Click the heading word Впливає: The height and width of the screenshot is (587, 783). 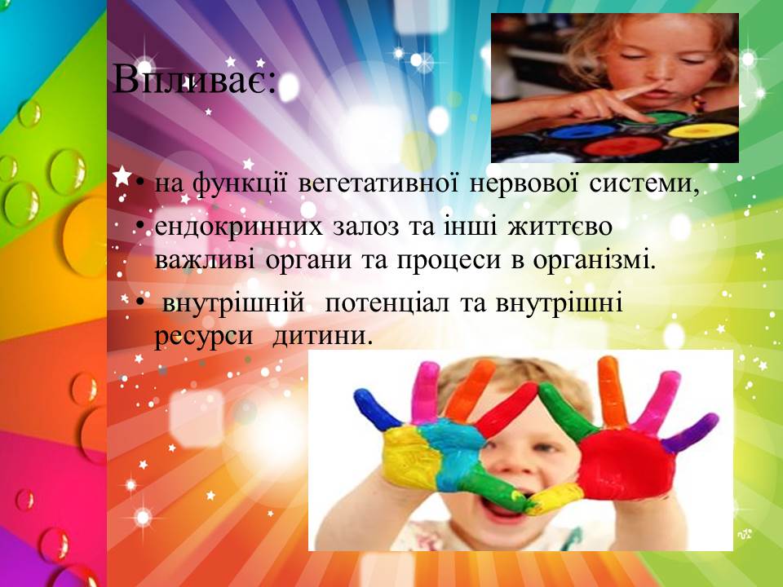195,79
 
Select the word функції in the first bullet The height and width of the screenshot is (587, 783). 240,184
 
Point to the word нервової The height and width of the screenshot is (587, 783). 524,183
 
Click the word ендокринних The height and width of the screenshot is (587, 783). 239,227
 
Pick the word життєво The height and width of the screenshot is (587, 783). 560,227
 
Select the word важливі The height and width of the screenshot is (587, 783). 204,260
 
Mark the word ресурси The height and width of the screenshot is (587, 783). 204,337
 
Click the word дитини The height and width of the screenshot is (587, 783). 323,335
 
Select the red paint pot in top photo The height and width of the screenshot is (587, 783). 622,145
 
